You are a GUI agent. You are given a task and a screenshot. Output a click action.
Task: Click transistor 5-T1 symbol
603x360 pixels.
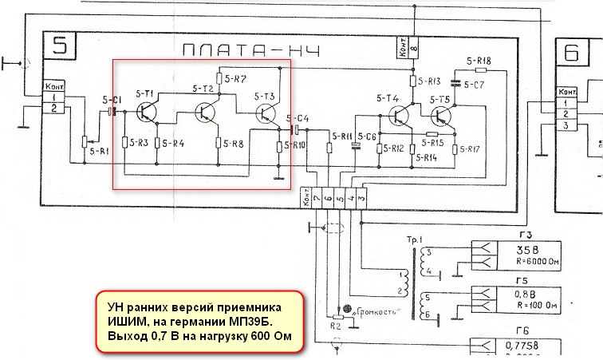click(148, 112)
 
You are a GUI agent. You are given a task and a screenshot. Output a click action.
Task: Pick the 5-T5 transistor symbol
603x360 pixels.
click(440, 117)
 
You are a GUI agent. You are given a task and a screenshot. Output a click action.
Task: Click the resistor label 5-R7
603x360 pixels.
click(236, 78)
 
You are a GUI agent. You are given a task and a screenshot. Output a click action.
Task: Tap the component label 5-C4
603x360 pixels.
click(299, 117)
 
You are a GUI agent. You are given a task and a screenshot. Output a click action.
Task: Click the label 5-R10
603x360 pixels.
click(294, 145)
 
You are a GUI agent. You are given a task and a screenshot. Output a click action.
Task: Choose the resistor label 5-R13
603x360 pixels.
click(429, 81)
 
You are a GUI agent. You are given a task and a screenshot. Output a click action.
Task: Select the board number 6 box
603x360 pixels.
click(572, 53)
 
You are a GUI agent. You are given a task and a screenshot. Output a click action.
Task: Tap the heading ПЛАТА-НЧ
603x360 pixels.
click(251, 53)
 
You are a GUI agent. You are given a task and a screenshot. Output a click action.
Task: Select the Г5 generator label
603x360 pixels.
click(522, 281)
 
